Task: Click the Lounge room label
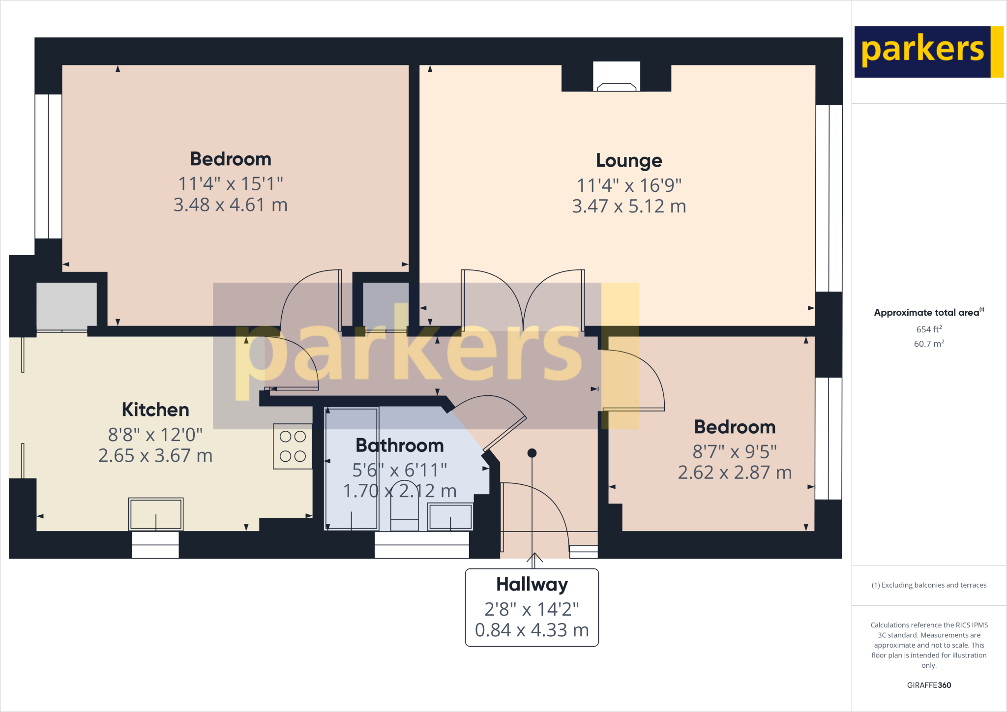tap(629, 161)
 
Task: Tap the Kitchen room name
tap(155, 410)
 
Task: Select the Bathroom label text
tap(399, 445)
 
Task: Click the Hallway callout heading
tap(532, 585)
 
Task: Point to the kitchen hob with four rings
tap(293, 446)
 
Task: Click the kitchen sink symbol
tap(156, 514)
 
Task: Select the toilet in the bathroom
tap(404, 519)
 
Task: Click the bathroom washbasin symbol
tap(450, 517)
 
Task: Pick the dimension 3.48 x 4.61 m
tap(230, 205)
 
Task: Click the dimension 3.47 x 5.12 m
tap(629, 207)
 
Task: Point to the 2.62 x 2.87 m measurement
tap(735, 473)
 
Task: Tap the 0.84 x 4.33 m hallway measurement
tap(532, 630)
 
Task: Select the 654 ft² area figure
tap(929, 329)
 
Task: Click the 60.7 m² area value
tap(929, 344)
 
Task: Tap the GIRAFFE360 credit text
tap(929, 685)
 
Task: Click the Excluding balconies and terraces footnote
tap(929, 585)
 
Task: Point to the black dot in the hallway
tap(532, 453)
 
